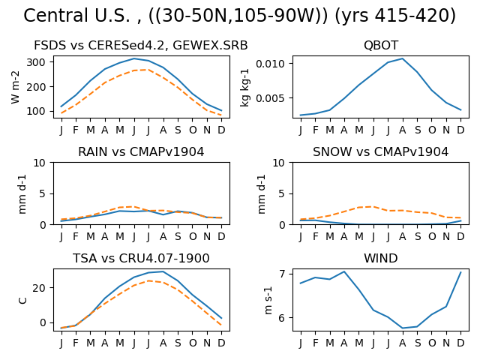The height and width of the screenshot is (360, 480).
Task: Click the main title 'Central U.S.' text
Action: click(x=76, y=16)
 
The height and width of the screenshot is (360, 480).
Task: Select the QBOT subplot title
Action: click(x=381, y=46)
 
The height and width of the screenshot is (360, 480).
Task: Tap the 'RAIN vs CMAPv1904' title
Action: click(x=141, y=151)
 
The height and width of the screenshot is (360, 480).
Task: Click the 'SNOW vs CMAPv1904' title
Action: click(x=380, y=151)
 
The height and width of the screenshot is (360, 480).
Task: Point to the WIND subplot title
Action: click(x=381, y=258)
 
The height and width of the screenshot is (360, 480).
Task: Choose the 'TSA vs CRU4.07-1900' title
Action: click(x=141, y=258)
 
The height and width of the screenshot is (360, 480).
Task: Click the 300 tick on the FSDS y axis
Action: click(x=36, y=62)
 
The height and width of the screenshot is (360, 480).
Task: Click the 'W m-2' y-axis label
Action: click(x=15, y=87)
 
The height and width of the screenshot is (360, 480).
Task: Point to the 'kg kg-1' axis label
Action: click(x=245, y=88)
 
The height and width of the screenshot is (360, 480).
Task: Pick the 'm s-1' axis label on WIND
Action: click(x=268, y=300)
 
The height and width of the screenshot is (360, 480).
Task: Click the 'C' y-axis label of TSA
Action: click(x=23, y=300)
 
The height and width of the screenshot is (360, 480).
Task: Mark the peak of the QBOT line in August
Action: click(x=402, y=58)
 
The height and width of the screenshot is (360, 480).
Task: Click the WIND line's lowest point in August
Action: click(x=402, y=328)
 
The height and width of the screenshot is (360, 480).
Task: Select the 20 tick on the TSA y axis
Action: click(x=39, y=288)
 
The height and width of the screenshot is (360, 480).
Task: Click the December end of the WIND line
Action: click(x=460, y=271)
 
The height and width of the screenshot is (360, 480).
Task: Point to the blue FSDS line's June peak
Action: click(x=134, y=58)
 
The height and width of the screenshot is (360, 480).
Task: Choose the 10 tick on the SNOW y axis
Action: click(x=278, y=163)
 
